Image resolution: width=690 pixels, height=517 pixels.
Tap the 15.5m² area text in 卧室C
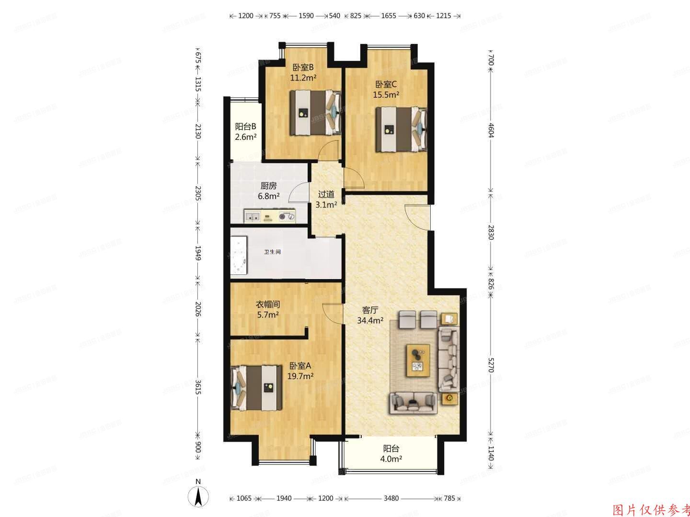point(386,95)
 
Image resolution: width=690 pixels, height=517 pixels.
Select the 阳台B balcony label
point(245,127)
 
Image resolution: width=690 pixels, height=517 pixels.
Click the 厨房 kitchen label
point(268,186)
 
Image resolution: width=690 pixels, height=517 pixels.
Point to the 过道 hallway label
point(326,194)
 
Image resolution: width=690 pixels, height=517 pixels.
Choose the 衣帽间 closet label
point(267,304)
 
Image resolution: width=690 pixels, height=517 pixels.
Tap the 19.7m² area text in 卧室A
point(300,376)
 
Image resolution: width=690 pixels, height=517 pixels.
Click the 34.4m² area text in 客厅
point(370,320)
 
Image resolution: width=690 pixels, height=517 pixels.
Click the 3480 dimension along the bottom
point(391,498)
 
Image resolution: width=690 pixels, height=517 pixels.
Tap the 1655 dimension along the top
point(388,16)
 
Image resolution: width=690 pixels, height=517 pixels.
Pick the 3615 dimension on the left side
point(198,387)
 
